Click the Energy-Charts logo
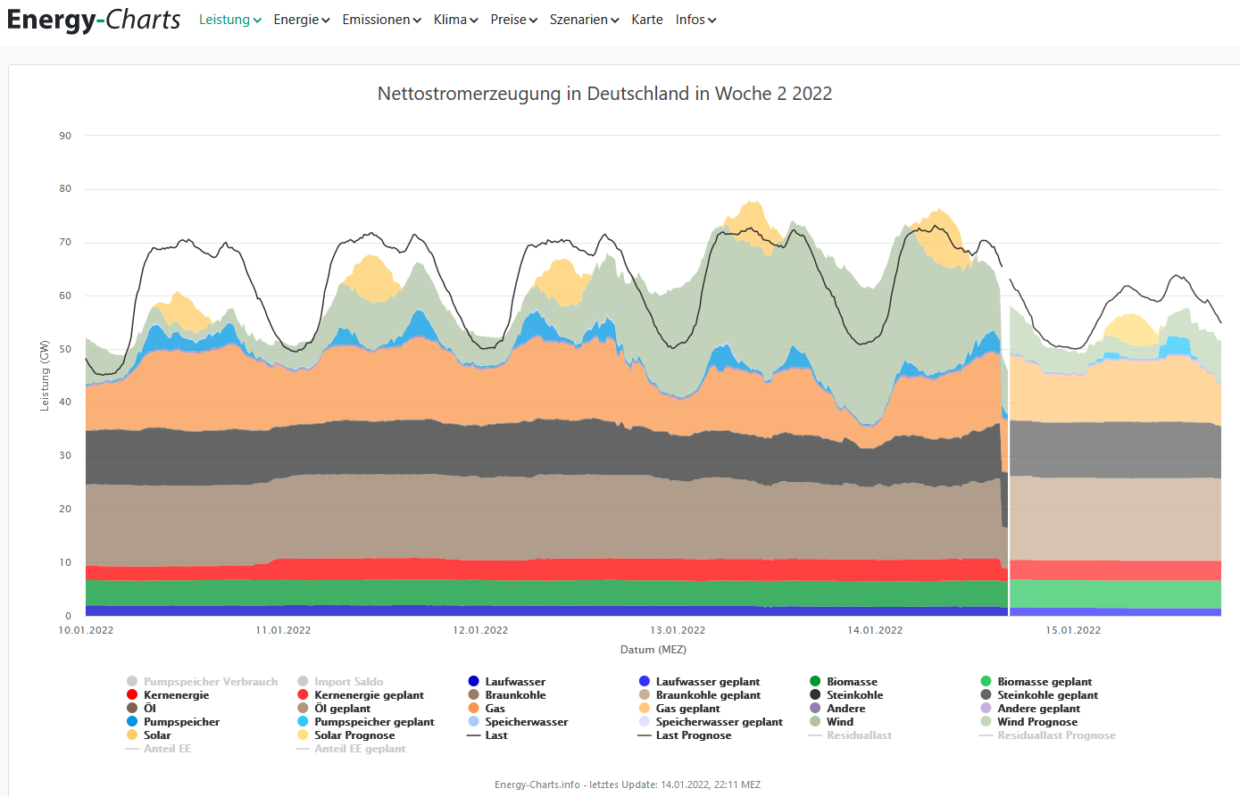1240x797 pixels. click(94, 20)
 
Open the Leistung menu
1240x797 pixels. click(229, 20)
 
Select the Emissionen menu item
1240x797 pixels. click(381, 20)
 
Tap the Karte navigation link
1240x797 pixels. click(646, 20)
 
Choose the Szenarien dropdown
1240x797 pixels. click(584, 20)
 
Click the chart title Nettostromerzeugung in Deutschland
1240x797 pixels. click(604, 94)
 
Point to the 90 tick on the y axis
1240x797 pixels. click(65, 136)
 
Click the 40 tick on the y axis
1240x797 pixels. click(65, 403)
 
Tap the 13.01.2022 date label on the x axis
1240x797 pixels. click(678, 630)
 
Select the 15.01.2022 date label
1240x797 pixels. click(1073, 630)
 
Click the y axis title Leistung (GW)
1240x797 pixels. click(45, 376)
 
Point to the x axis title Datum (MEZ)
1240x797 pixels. click(653, 650)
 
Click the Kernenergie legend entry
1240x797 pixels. click(176, 695)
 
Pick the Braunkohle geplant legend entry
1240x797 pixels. click(708, 695)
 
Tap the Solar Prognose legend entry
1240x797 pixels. click(354, 735)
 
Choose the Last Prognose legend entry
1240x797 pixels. click(693, 735)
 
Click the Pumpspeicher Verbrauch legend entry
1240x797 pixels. click(210, 682)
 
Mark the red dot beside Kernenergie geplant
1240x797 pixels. click(303, 695)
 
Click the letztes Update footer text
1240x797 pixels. click(628, 785)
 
